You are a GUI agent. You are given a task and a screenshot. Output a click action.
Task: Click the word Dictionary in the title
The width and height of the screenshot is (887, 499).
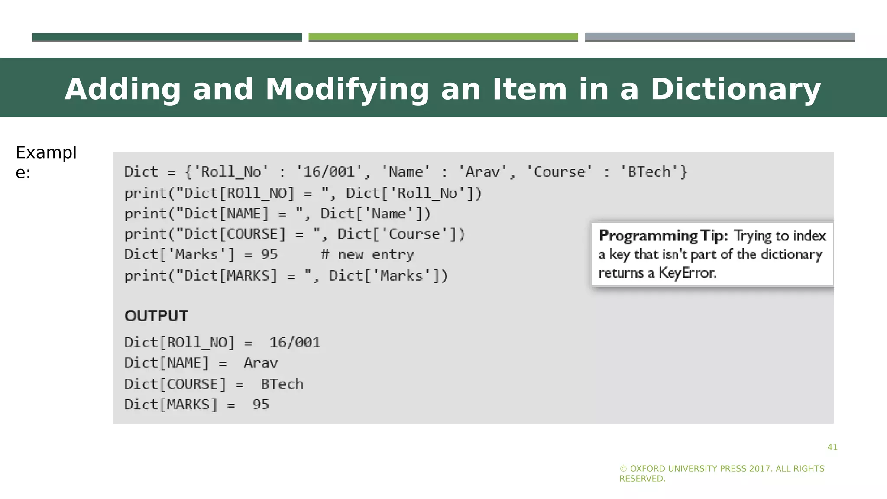[735, 89]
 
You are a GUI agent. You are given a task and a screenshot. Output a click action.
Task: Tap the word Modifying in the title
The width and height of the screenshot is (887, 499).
[346, 89]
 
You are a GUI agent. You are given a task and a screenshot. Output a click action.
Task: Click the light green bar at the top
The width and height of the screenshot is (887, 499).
[443, 37]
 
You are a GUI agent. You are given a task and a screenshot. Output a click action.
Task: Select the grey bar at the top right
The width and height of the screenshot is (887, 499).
[719, 37]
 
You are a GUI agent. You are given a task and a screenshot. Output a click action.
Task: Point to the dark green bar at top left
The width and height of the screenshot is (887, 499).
[167, 37]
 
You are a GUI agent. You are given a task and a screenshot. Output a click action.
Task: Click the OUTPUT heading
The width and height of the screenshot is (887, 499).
[156, 316]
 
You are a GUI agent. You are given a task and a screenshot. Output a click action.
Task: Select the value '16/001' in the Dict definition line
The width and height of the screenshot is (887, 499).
[329, 172]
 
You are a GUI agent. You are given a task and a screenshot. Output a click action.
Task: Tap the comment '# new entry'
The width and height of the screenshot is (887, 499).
[367, 255]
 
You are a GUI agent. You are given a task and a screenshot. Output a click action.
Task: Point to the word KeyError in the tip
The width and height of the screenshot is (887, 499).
[687, 273]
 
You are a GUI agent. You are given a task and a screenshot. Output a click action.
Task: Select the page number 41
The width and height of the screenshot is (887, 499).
[832, 447]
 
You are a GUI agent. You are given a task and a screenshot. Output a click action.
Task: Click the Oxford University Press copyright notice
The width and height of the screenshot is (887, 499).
[722, 473]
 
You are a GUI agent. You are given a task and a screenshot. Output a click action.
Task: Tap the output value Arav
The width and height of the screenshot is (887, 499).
[261, 363]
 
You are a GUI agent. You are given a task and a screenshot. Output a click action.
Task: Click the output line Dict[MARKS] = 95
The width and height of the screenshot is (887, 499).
[197, 405]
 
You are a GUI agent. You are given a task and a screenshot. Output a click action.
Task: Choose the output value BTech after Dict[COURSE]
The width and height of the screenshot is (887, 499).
[282, 384]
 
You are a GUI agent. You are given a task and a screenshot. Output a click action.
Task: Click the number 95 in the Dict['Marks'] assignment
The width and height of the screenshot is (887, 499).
[269, 255]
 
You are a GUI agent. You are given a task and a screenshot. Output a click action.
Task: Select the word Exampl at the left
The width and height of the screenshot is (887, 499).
[46, 153]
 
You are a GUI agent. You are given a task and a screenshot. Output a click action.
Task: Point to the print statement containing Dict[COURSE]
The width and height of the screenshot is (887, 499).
[295, 234]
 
